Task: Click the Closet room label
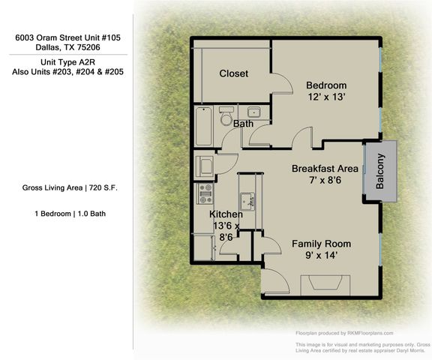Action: pos(233,73)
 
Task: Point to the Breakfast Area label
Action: pos(323,175)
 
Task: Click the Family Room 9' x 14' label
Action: pos(321,250)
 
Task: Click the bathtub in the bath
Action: pos(203,127)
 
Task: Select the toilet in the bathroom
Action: pos(225,118)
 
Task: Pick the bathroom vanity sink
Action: pos(253,113)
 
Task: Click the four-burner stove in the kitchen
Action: pos(205,194)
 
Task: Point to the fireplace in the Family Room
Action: pos(323,286)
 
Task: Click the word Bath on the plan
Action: pos(242,124)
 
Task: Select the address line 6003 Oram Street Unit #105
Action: pos(67,36)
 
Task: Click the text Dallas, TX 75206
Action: pos(67,46)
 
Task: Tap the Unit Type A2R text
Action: pos(67,62)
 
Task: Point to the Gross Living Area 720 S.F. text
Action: pos(69,187)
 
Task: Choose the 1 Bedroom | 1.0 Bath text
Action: pos(69,214)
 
